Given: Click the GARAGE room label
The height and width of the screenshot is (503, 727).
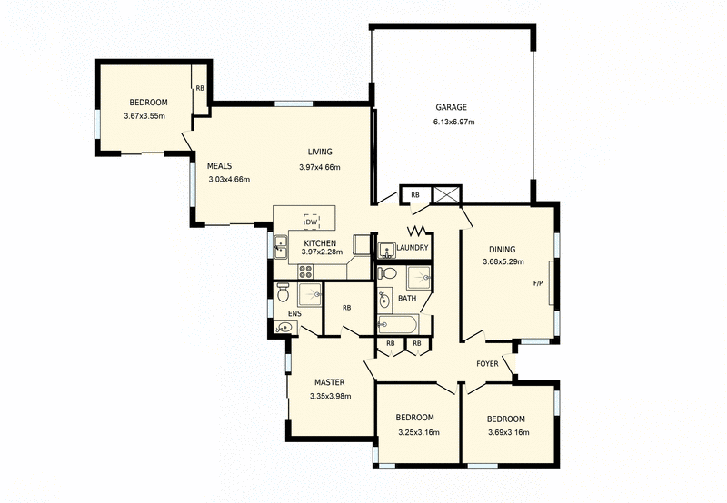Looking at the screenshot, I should point(450,107).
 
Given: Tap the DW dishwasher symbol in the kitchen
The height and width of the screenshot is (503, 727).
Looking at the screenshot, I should point(311,222).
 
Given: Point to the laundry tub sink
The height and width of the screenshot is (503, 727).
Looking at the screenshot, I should point(385,249).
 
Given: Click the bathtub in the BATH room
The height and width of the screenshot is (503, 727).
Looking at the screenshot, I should point(397,325).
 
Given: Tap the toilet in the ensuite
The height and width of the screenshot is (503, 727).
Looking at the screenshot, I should point(283,293).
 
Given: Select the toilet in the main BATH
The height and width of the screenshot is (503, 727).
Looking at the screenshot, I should point(388,272).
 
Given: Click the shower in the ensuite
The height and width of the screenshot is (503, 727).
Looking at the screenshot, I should point(310,294).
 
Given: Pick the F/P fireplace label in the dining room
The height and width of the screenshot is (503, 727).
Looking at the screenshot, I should point(538,283).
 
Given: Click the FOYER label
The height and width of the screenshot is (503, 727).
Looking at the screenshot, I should point(488,364).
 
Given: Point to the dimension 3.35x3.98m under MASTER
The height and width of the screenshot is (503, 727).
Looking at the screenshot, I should point(330,395).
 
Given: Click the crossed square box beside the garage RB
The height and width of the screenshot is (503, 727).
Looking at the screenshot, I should point(447,195).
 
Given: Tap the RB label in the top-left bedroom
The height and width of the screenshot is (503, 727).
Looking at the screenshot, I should point(200,88).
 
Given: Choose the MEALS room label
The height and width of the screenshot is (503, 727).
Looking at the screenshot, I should point(220,166).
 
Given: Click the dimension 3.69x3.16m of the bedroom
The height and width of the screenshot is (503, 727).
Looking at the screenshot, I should point(507,431).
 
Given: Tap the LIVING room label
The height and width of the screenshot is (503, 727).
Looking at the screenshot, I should point(319,152).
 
